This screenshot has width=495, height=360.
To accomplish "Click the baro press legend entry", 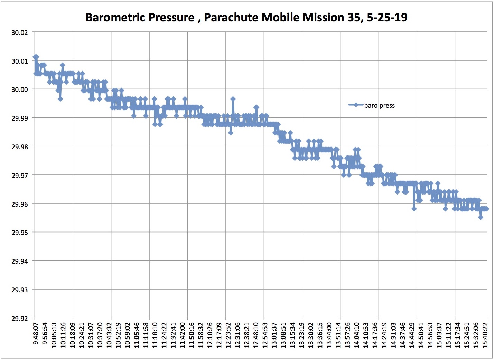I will [x=379, y=105].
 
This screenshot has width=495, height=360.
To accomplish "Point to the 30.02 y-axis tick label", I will [x=19, y=32].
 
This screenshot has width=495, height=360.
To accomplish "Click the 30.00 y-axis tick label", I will [x=19, y=89].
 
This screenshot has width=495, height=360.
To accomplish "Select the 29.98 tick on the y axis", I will [x=19, y=147].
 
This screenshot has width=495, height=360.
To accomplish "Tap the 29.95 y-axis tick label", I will [x=19, y=233].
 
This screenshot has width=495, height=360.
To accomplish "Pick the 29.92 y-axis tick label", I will [x=19, y=318].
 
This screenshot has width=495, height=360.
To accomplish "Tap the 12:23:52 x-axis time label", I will [x=228, y=335].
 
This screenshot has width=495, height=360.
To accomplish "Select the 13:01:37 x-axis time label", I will [x=274, y=335].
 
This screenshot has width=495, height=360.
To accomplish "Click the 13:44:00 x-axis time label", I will [x=329, y=335].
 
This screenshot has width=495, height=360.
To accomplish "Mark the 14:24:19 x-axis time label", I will [x=384, y=335].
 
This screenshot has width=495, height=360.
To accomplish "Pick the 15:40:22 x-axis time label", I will [x=485, y=335].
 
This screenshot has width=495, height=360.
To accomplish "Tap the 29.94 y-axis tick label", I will [x=19, y=261].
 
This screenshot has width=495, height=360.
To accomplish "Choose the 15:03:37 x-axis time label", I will [x=439, y=335].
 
